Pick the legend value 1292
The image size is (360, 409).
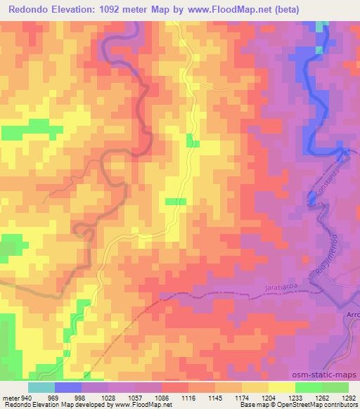[348, 398]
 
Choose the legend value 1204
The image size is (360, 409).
[268, 398]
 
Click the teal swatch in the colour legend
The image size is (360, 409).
[41, 387]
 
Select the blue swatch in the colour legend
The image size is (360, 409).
[68, 387]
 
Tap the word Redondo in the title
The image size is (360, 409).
[31, 10]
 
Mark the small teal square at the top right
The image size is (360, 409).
[322, 26]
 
